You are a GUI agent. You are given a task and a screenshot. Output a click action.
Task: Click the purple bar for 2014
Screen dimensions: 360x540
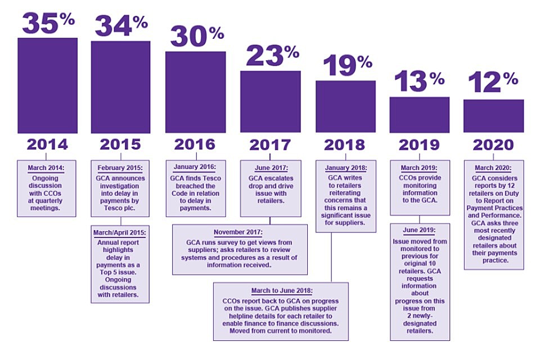pyautogui.click(x=47, y=85)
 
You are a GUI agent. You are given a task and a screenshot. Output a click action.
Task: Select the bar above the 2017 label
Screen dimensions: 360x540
pyautogui.click(x=270, y=101)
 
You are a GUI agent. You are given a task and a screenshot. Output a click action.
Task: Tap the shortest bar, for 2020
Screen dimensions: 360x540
pyautogui.click(x=493, y=116)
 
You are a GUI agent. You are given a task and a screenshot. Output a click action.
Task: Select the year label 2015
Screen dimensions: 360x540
pyautogui.click(x=120, y=145)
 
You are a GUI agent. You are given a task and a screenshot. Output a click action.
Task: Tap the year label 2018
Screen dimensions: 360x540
pyautogui.click(x=344, y=145)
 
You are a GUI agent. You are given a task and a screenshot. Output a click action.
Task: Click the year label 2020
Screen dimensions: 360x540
pyautogui.click(x=493, y=145)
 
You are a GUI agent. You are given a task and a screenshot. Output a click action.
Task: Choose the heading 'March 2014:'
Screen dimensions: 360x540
pyautogui.click(x=48, y=168)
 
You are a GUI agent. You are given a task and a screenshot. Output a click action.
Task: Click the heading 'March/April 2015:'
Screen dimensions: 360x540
pyautogui.click(x=120, y=232)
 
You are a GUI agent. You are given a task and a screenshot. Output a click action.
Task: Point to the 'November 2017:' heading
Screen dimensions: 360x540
pyautogui.click(x=240, y=232)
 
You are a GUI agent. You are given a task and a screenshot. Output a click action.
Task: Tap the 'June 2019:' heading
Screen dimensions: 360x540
pyautogui.click(x=420, y=229)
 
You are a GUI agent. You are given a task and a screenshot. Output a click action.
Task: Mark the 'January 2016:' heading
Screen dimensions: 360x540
pyautogui.click(x=195, y=167)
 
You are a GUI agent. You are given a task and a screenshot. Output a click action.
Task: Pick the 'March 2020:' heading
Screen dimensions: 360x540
pyautogui.click(x=493, y=167)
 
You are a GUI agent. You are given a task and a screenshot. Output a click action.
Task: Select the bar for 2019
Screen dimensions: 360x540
pyautogui.click(x=419, y=115)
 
